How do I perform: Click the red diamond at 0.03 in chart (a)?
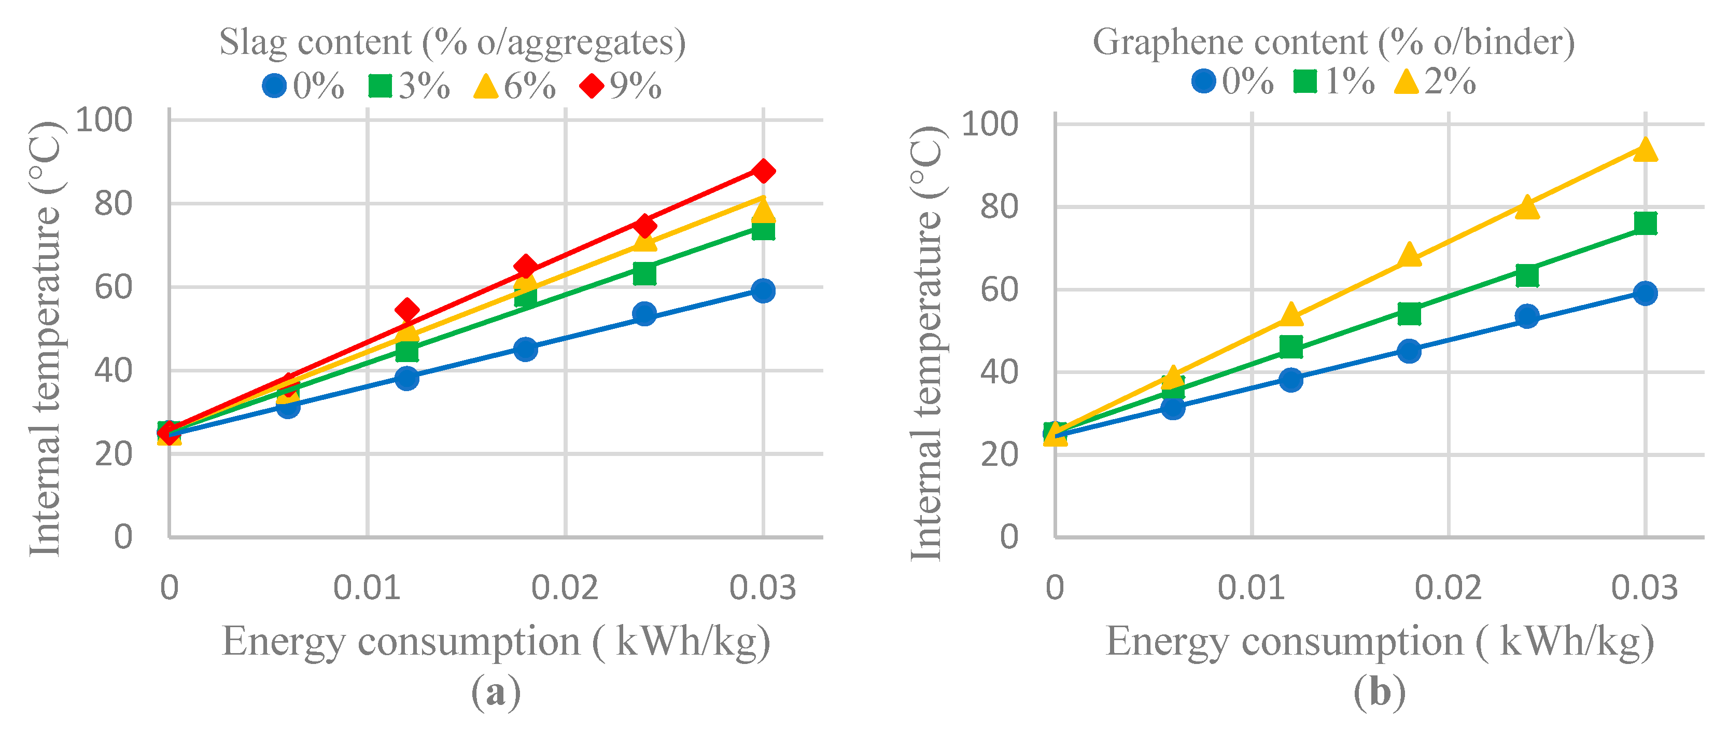(x=763, y=171)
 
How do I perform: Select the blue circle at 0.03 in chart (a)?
(x=763, y=290)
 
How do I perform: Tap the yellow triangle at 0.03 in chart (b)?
(x=1645, y=149)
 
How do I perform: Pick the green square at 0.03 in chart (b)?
(x=1645, y=223)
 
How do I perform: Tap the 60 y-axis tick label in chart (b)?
(x=999, y=290)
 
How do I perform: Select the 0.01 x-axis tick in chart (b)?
(x=1251, y=588)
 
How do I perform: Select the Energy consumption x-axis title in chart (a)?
(x=496, y=642)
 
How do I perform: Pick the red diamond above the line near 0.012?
(x=406, y=310)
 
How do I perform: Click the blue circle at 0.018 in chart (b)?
(x=1409, y=350)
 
